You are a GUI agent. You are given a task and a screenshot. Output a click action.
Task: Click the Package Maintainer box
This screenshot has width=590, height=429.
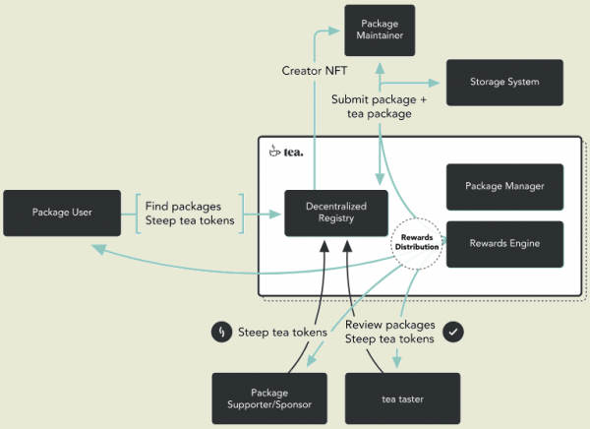coord(379,30)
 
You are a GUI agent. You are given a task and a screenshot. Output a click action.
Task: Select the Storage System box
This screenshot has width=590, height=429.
coord(504,82)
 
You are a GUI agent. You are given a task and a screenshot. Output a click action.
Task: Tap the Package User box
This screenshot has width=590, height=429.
coord(62,212)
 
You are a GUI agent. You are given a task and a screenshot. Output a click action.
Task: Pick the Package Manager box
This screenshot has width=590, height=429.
coord(505,186)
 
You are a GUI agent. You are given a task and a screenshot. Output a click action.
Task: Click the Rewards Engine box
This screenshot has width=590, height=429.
coord(505,243)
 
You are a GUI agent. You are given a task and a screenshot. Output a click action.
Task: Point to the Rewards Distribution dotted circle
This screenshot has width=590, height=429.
coord(416,242)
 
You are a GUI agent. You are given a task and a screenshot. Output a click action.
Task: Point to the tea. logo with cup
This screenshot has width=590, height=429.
coord(286,152)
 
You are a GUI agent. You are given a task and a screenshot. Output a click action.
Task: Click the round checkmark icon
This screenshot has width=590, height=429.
coord(453,332)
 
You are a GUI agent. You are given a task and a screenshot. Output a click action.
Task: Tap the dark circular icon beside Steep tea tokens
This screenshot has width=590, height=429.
coord(221,332)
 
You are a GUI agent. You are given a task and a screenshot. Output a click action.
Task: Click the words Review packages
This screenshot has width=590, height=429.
coord(391,324)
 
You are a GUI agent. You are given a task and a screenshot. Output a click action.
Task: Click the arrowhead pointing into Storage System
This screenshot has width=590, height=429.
coord(439,83)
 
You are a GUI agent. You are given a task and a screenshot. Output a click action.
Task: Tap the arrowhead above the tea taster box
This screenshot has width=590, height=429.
coord(398,363)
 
